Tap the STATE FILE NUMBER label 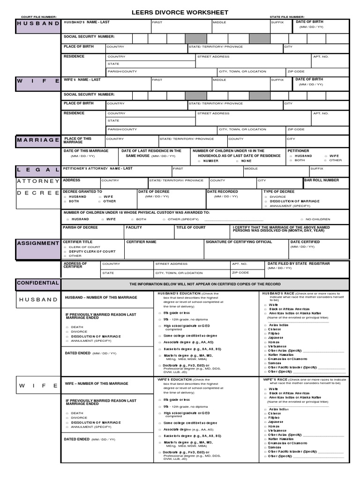(287, 17)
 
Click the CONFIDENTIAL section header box (38, 283)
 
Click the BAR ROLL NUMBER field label (322, 180)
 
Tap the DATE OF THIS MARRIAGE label (86, 151)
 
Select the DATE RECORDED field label (222, 191)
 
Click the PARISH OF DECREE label (81, 227)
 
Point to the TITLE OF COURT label (191, 227)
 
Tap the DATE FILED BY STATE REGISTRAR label (299, 263)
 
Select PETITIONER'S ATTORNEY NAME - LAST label (98, 168)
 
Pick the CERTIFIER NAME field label (142, 242)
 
